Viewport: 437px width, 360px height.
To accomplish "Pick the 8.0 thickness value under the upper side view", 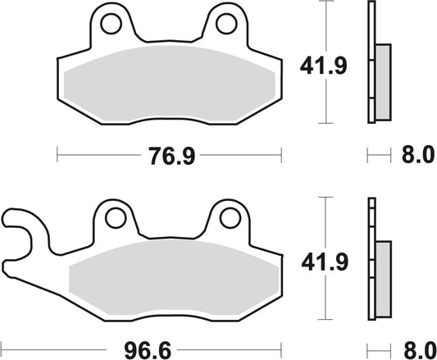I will [x=413, y=154].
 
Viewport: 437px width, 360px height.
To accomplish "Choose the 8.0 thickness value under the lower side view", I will [x=413, y=349].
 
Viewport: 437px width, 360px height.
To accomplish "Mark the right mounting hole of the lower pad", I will [x=226, y=218].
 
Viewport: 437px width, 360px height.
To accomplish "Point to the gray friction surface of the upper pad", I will [x=168, y=86].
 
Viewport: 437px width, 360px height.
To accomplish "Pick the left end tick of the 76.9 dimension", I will [x=56, y=154].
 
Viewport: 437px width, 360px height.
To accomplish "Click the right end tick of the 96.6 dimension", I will [x=281, y=349].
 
